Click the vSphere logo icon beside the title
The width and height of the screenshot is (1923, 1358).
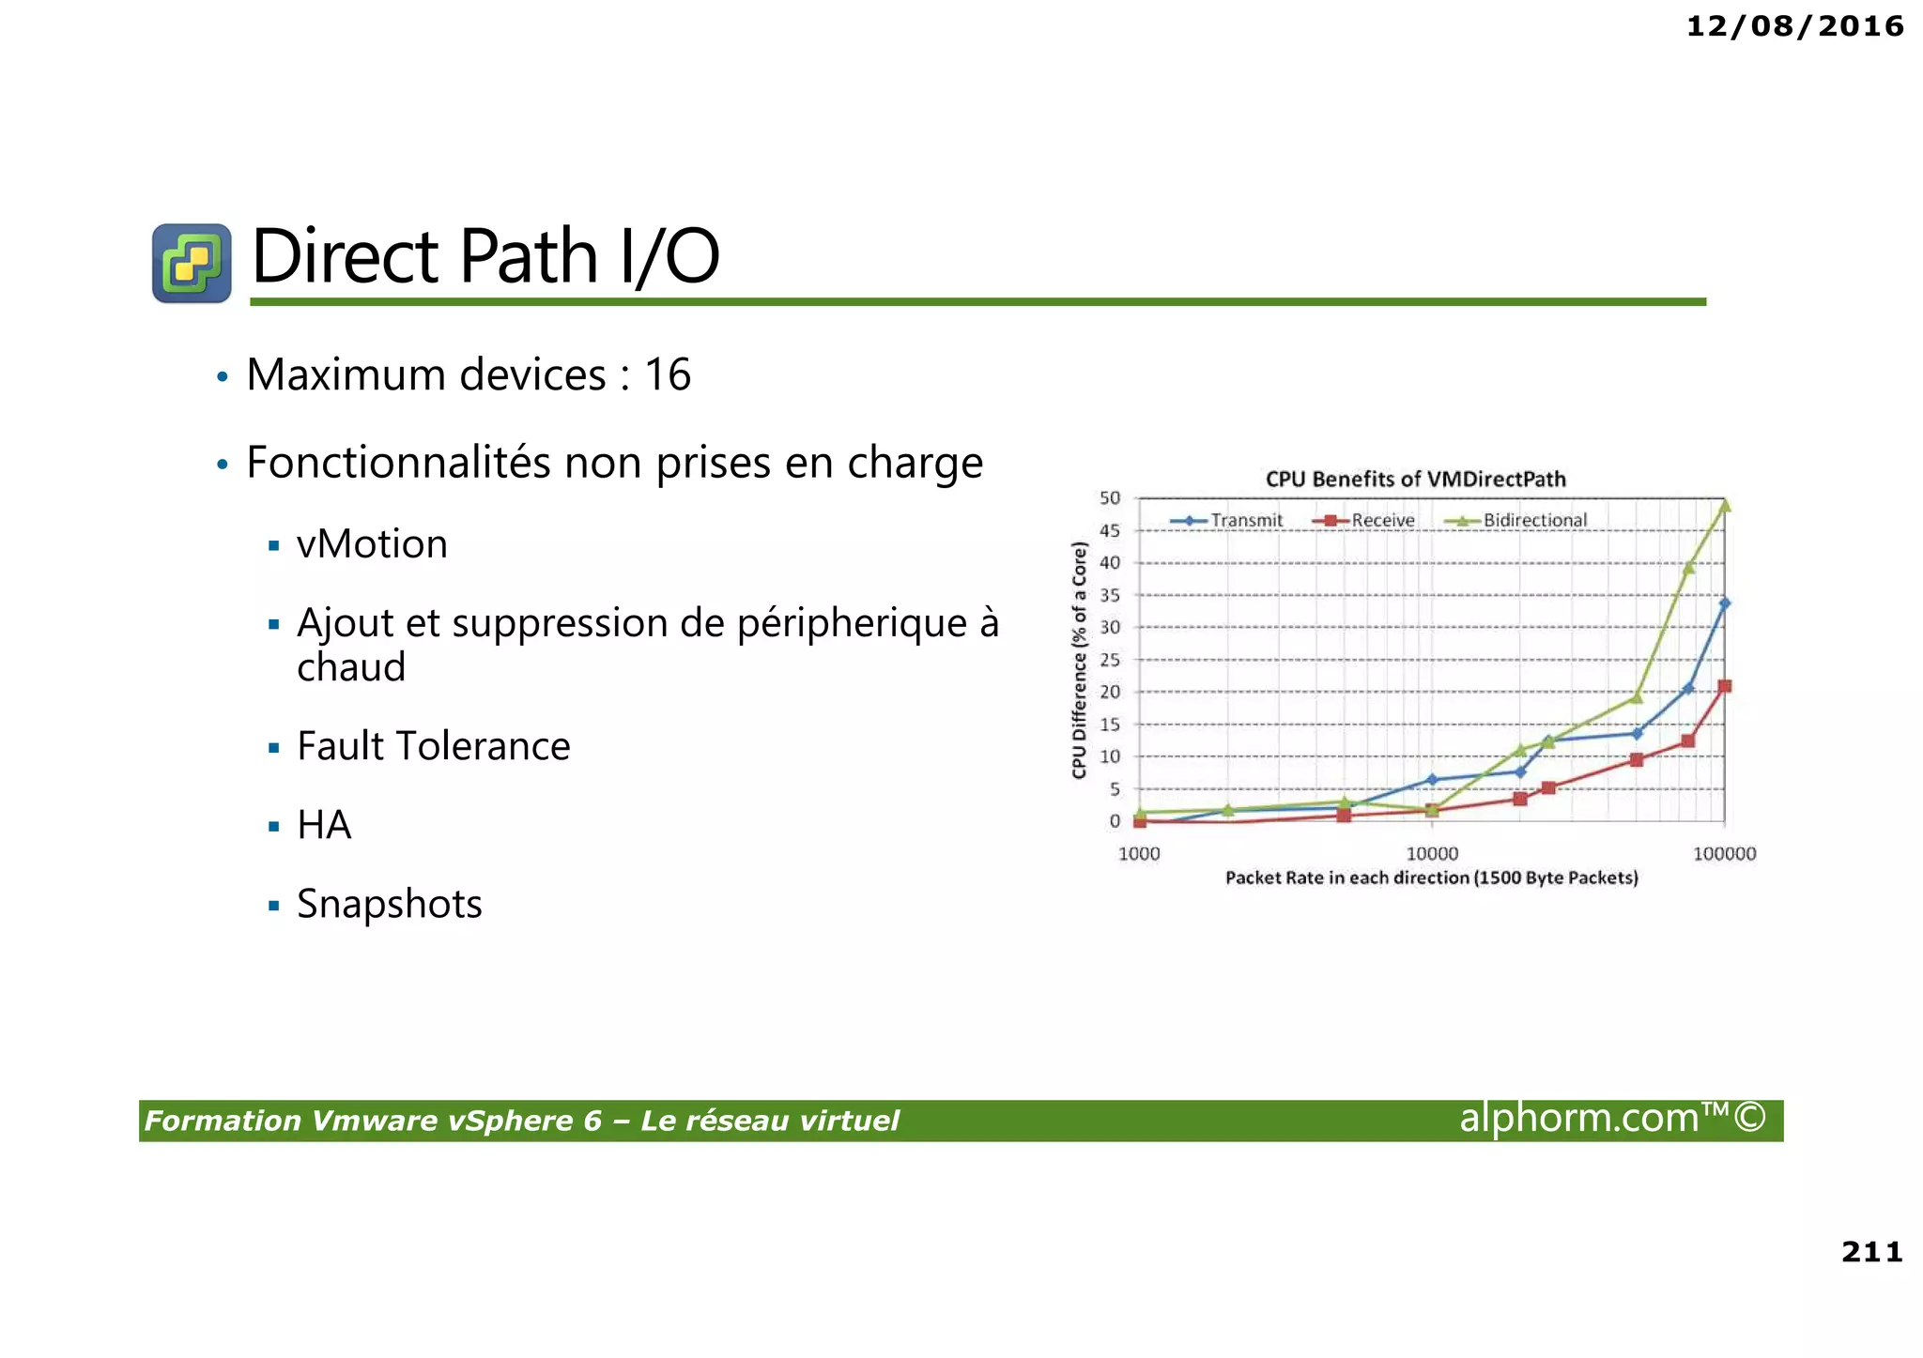(x=192, y=263)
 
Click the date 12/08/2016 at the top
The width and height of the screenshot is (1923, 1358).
(x=1794, y=26)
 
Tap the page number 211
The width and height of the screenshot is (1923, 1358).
(x=1871, y=1251)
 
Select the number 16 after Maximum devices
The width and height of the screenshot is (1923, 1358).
(x=668, y=375)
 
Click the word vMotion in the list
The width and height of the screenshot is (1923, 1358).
(x=372, y=544)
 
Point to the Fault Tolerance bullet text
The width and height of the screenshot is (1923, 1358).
(x=433, y=746)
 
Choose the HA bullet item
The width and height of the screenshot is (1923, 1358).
(x=324, y=825)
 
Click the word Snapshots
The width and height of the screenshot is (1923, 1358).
(x=389, y=904)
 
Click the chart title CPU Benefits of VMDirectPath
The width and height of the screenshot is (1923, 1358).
(x=1415, y=480)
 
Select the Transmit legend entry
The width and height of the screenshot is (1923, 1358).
(x=1245, y=521)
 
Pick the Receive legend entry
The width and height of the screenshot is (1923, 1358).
(x=1382, y=521)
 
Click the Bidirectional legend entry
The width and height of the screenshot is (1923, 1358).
(x=1534, y=521)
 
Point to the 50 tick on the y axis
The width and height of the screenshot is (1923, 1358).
(x=1110, y=498)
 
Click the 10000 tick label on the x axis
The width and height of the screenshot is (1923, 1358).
(x=1432, y=854)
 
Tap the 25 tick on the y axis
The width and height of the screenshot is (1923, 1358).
(x=1110, y=660)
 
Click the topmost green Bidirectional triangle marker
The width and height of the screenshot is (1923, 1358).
(x=1725, y=506)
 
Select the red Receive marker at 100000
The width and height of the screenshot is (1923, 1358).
(x=1725, y=686)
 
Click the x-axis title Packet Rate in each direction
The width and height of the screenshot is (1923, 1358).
(x=1431, y=877)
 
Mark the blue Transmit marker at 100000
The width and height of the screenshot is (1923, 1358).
(x=1725, y=603)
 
